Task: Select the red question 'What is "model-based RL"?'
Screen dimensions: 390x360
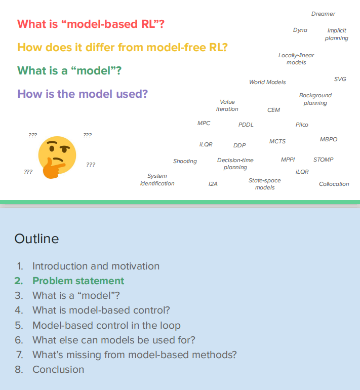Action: point(91,24)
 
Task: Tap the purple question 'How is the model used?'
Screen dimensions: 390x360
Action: point(82,94)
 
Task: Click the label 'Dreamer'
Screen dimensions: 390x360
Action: point(323,14)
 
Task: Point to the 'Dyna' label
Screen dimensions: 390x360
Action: point(300,30)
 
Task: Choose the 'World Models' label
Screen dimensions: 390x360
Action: point(267,82)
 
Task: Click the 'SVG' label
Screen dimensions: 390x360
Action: point(340,79)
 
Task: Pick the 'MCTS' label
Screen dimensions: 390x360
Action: point(277,141)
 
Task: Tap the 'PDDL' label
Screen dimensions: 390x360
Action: point(246,125)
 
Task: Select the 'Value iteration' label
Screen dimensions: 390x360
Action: point(227,105)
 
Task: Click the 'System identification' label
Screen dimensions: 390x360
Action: point(157,180)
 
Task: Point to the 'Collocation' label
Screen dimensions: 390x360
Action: point(334,184)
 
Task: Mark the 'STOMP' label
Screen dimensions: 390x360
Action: point(323,160)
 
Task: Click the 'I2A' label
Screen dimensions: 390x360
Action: point(213,184)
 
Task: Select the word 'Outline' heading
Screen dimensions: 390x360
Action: point(36,239)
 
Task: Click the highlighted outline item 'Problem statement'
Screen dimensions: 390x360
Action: point(78,281)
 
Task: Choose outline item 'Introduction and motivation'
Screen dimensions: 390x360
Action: point(96,266)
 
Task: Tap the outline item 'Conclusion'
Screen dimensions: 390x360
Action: point(58,369)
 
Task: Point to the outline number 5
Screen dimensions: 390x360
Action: point(19,325)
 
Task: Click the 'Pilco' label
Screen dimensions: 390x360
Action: point(302,125)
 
